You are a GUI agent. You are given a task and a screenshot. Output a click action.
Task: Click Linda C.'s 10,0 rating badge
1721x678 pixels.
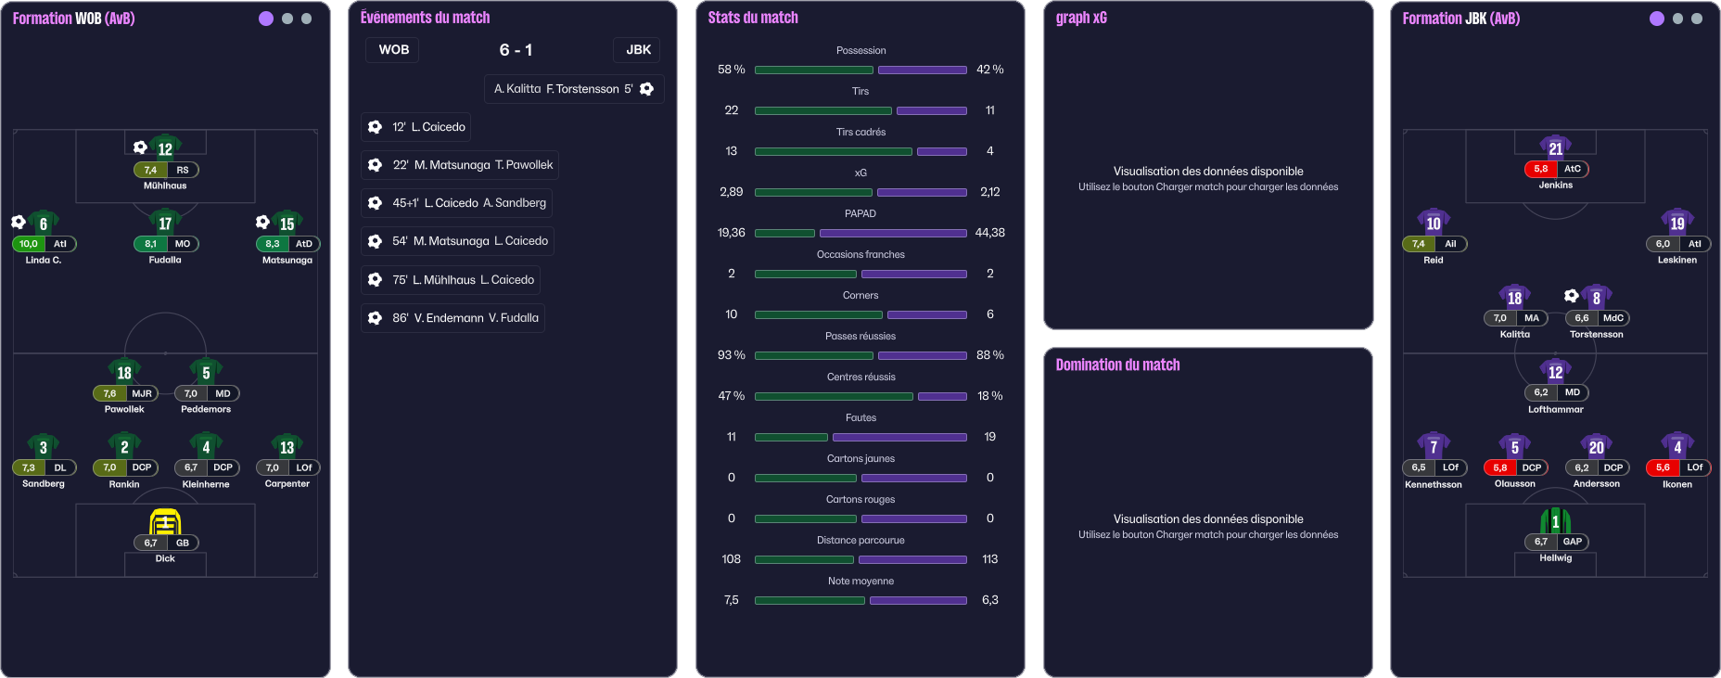coord(29,244)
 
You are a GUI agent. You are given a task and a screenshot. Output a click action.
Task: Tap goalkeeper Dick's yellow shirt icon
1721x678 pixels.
coord(165,522)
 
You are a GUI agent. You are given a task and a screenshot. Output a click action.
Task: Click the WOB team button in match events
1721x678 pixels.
coord(393,50)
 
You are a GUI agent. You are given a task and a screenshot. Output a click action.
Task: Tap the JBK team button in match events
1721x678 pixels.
coord(638,50)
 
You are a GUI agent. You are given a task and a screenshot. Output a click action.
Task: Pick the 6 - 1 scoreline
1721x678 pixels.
coord(516,50)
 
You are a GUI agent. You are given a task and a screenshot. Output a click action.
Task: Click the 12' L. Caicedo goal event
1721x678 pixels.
coord(415,127)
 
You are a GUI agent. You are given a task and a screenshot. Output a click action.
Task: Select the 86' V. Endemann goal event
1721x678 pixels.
coord(453,318)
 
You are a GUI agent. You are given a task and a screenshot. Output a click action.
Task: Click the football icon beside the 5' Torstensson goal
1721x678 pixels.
coord(647,89)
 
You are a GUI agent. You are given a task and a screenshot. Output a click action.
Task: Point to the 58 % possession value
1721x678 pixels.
coord(731,70)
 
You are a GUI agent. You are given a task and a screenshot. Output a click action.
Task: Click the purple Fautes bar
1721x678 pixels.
coord(899,437)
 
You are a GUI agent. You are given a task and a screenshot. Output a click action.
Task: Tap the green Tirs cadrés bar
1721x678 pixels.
coord(833,151)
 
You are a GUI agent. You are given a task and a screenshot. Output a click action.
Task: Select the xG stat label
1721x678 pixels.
coord(860,173)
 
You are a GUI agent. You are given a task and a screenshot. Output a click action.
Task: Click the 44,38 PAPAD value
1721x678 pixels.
coord(989,233)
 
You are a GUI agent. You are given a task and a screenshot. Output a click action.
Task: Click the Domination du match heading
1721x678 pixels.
coord(1117,365)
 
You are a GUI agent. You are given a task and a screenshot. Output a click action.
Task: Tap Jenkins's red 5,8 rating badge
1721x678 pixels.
coord(1541,169)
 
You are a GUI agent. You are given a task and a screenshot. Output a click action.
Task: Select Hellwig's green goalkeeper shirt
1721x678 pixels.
coord(1556,521)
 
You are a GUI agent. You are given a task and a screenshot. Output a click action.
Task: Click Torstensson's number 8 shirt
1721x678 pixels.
coord(1596,298)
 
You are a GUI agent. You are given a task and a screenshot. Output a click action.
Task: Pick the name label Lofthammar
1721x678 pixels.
coord(1556,409)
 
